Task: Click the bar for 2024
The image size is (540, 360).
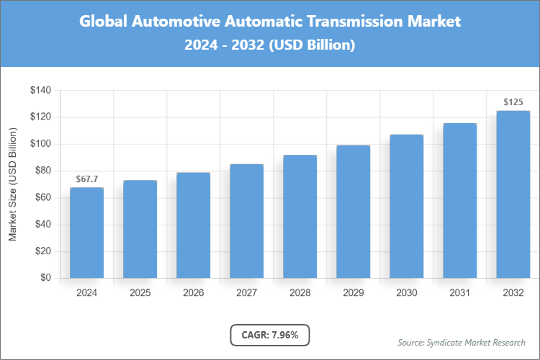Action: (86, 233)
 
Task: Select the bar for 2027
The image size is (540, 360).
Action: (246, 221)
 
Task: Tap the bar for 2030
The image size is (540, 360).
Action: (406, 206)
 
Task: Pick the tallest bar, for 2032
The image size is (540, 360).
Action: (513, 194)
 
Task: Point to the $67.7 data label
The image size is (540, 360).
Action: (86, 179)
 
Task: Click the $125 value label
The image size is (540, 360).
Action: (513, 102)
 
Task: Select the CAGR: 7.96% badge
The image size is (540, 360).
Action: (269, 335)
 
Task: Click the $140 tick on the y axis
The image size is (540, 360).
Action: (40, 90)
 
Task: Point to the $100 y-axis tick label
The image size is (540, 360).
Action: (40, 144)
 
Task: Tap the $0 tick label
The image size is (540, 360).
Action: (45, 278)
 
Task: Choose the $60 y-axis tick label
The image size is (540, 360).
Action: (42, 197)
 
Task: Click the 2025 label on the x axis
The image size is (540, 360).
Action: (140, 293)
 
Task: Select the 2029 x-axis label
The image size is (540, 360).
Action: (353, 293)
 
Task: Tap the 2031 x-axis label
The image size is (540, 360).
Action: (459, 293)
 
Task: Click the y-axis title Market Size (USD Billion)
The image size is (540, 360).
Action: (12, 184)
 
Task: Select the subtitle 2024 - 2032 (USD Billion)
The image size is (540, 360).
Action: (269, 45)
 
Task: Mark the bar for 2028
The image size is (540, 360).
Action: (300, 216)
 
